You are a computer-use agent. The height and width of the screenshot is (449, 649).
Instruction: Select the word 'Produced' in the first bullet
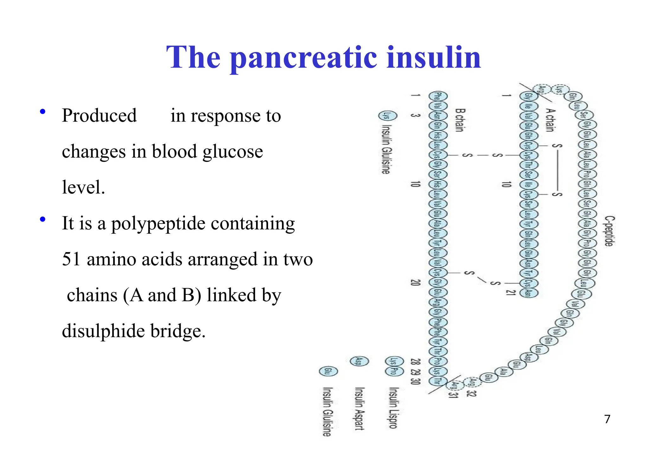pyautogui.click(x=99, y=116)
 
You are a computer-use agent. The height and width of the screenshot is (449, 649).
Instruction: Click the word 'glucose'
pyautogui.click(x=233, y=152)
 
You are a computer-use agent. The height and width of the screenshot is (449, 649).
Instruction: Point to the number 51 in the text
pyautogui.click(x=71, y=259)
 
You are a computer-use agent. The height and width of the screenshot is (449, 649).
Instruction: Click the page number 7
pyautogui.click(x=607, y=419)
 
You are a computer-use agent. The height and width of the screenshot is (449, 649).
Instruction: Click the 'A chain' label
pyautogui.click(x=551, y=120)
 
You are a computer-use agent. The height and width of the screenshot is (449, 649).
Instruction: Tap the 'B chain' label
pyautogui.click(x=460, y=120)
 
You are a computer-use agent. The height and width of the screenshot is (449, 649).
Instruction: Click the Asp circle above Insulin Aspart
pyautogui.click(x=359, y=361)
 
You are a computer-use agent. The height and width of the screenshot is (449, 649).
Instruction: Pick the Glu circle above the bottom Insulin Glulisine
pyautogui.click(x=328, y=371)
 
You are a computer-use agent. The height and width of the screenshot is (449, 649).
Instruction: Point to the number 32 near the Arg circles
pyautogui.click(x=471, y=394)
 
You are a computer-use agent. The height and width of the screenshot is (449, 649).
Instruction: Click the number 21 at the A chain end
pyautogui.click(x=510, y=292)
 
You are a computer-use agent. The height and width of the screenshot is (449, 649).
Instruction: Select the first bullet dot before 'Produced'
pyautogui.click(x=42, y=111)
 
